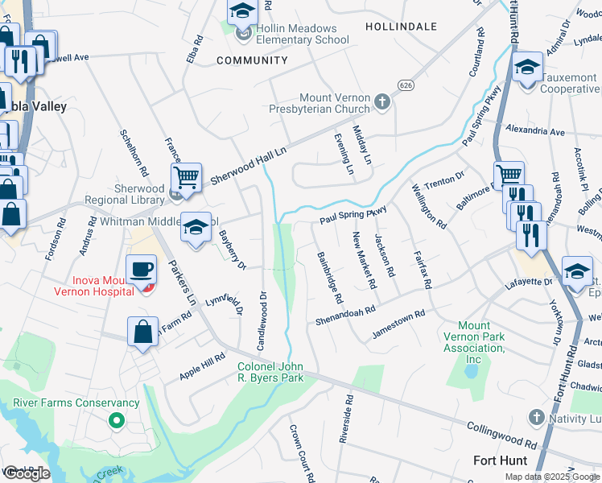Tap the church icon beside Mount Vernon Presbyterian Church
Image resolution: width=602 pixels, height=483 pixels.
(382, 102)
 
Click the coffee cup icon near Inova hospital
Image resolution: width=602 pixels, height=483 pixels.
(142, 270)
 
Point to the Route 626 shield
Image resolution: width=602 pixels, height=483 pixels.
(406, 85)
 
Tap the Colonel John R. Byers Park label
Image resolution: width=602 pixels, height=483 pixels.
(271, 371)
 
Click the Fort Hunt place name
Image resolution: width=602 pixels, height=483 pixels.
(501, 460)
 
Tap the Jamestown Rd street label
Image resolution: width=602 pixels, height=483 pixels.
(398, 324)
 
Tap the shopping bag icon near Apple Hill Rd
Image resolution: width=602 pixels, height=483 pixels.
(142, 332)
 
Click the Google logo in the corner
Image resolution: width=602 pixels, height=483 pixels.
(27, 473)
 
